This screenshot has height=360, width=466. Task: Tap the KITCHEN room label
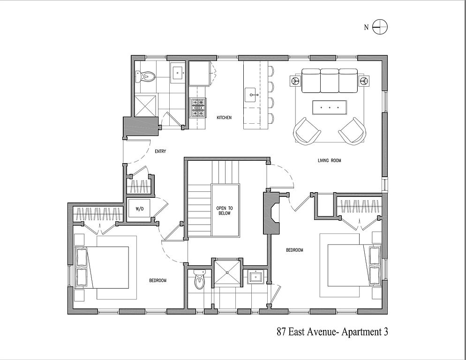click(x=224, y=118)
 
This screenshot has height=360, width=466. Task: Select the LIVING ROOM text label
click(x=329, y=161)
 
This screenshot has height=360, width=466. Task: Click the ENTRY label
click(x=160, y=151)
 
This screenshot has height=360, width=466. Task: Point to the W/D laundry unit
click(x=140, y=209)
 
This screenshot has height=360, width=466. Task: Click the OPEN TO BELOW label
click(x=224, y=210)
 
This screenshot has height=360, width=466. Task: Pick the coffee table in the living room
click(x=330, y=107)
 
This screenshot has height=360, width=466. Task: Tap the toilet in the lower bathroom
click(x=200, y=280)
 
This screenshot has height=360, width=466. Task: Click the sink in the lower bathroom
click(x=255, y=277)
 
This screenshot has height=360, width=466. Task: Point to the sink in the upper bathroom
click(x=178, y=72)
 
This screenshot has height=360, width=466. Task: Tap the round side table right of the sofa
click(x=363, y=81)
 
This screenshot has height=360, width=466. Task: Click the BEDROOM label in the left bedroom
click(x=158, y=280)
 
